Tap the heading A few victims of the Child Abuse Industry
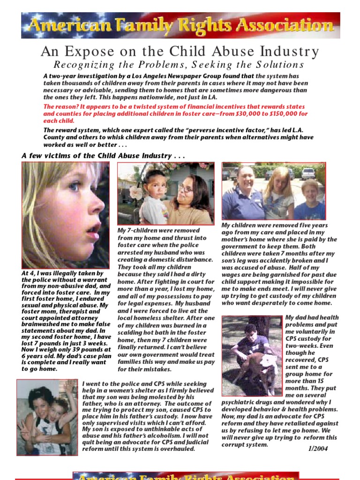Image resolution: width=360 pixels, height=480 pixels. point(103,156)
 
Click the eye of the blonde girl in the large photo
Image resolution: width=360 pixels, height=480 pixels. point(74,186)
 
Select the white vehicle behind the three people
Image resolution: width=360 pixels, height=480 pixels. point(308,173)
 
